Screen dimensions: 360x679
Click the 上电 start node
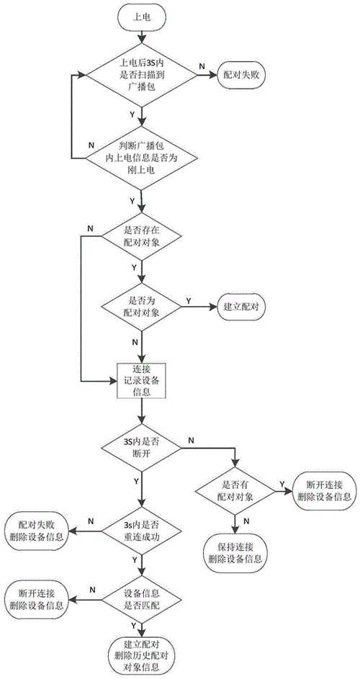(x=142, y=17)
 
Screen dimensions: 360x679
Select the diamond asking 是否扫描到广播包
(x=142, y=74)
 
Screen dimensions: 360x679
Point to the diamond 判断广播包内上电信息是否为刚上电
(x=142, y=158)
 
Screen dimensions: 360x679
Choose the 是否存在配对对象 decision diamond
(x=142, y=236)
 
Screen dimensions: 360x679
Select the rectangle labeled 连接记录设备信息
(x=141, y=380)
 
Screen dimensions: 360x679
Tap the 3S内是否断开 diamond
(x=142, y=448)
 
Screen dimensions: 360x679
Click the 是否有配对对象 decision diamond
(x=235, y=492)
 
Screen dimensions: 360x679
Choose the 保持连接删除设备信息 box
(x=235, y=549)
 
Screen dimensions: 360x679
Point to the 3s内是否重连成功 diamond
(x=142, y=531)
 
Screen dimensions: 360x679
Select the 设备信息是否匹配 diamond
(x=142, y=600)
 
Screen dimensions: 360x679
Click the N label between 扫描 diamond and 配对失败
(x=202, y=66)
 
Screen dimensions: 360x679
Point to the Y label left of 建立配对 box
(x=189, y=300)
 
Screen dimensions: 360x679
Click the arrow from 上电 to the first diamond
(x=142, y=35)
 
